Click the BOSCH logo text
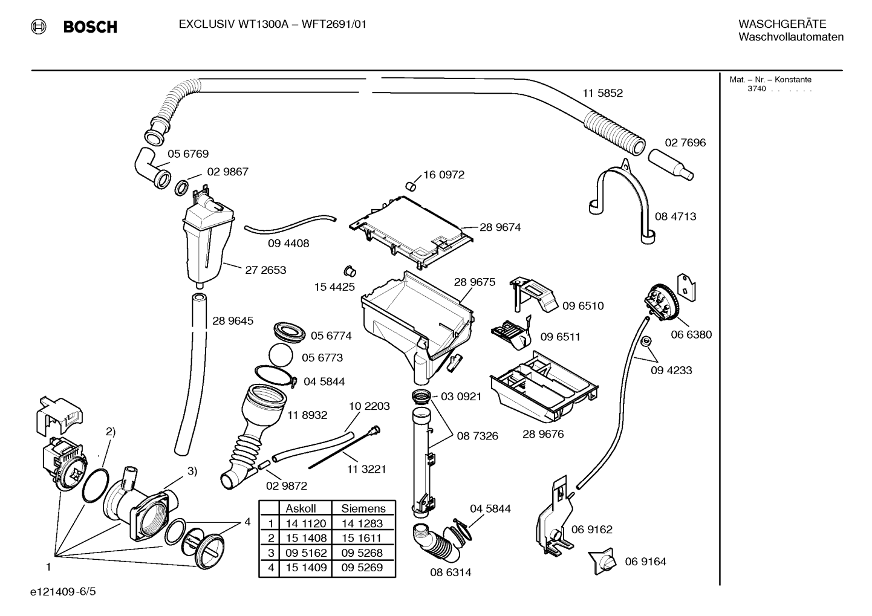click(x=90, y=27)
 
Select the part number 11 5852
click(x=603, y=93)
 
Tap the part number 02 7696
click(x=685, y=143)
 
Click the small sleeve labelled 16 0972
click(x=411, y=186)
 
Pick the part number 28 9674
click(x=500, y=227)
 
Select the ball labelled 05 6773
click(x=281, y=355)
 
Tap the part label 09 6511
click(x=560, y=337)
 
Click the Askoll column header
click(x=301, y=508)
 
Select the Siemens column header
click(x=363, y=508)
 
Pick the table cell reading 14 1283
click(x=362, y=524)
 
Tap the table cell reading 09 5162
click(x=306, y=553)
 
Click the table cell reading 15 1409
click(x=306, y=568)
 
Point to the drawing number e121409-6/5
click(x=63, y=591)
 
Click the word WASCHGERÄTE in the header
click(x=782, y=24)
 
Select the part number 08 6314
click(x=451, y=572)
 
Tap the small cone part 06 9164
click(x=603, y=561)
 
